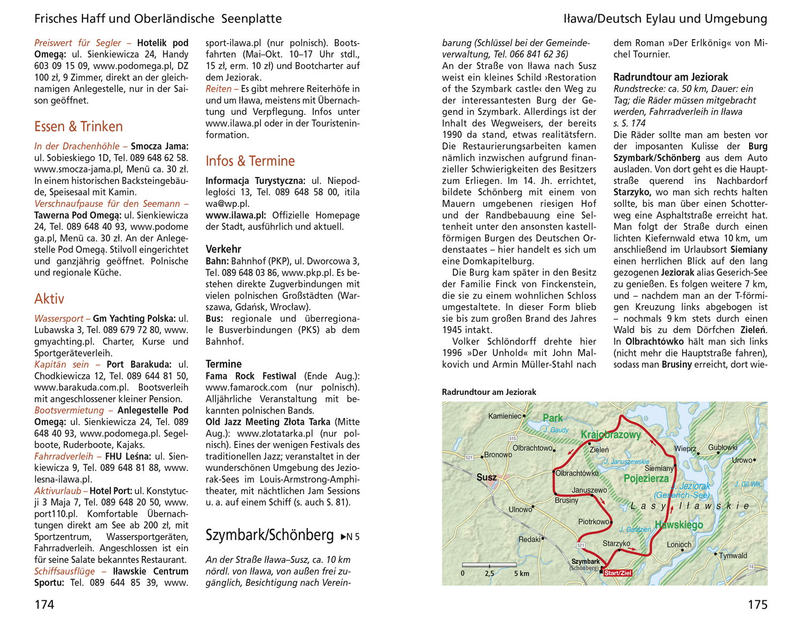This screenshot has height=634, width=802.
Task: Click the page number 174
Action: pos(44,605)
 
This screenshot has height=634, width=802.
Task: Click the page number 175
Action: pos(757,605)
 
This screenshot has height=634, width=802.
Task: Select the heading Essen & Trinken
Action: pos(79,127)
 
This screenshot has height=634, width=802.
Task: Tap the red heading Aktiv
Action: pos(49,299)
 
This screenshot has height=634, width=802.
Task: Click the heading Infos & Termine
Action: pos(250,161)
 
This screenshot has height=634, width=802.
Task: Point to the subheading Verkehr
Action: pos(223,249)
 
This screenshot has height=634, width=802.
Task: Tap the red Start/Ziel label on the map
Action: pos(618,573)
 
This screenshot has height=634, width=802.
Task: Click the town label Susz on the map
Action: pos(486,477)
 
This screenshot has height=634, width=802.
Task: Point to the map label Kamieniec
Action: pos(504,416)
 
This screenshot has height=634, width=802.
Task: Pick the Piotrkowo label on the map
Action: pos(593,521)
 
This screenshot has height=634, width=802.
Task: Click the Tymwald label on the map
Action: pos(733,555)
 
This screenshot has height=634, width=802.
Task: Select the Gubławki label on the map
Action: pos(722,447)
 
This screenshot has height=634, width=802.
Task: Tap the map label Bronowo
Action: pos(497,455)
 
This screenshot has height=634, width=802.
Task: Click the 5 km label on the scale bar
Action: pos(521,574)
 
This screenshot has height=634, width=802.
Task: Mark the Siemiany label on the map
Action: pos(659,468)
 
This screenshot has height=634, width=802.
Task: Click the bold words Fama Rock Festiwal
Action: pos(251,376)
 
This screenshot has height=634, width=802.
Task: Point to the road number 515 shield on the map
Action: pos(513,439)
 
